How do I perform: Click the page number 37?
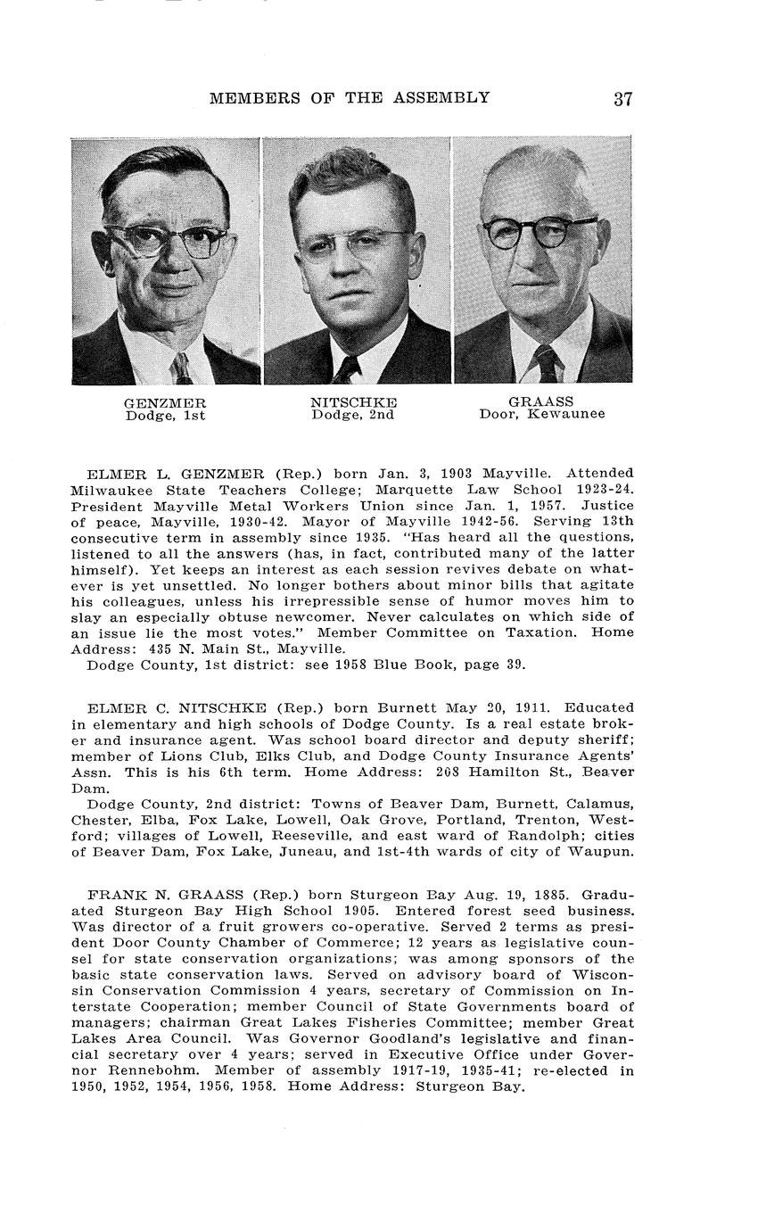622,99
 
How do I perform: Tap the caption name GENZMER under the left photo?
165,403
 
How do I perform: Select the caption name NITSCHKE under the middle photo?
353,403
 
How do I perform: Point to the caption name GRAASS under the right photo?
541,401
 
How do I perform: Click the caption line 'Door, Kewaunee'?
541,414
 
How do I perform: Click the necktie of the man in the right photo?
546,363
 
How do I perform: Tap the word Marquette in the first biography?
416,489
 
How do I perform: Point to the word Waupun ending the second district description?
605,852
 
